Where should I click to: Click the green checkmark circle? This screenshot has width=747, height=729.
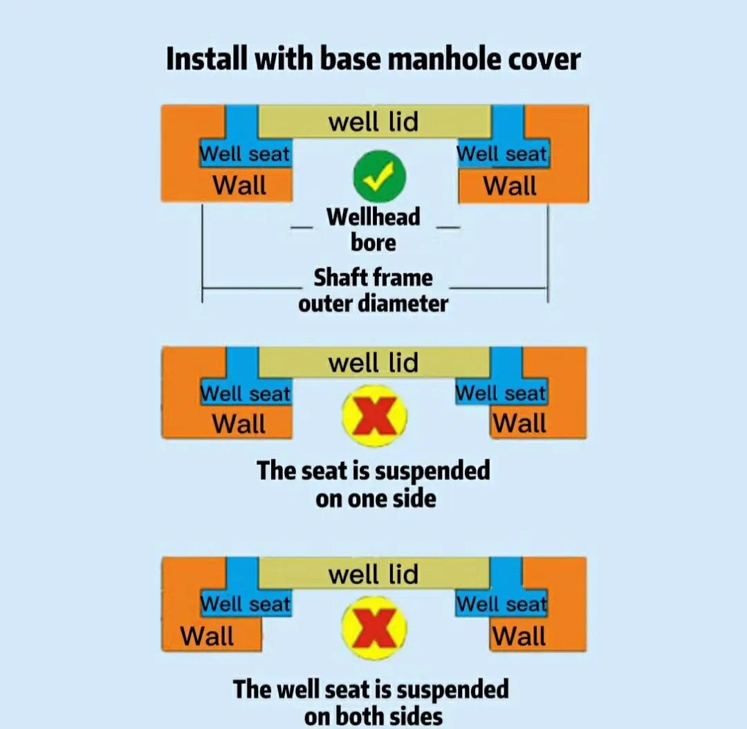378,177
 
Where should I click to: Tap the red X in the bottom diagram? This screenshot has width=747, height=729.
374,629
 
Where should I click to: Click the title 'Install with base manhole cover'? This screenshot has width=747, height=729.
373,59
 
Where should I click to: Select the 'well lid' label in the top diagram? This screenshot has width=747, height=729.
373,122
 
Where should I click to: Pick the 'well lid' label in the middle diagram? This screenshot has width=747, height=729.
373,362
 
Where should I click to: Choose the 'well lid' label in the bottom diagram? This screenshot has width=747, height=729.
373,574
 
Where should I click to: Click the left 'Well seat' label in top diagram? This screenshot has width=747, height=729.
245,154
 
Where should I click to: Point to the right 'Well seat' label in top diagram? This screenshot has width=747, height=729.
502,154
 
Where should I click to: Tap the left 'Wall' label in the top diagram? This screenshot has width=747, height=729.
239,185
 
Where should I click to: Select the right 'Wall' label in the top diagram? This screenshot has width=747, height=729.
510,185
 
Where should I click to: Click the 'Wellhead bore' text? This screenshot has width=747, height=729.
373,230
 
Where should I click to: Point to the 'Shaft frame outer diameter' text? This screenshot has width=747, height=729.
373,290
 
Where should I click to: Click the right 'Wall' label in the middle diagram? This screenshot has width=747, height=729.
519,423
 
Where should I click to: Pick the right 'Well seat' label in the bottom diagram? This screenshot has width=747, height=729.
501,604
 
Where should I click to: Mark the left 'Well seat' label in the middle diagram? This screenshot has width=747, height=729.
246,394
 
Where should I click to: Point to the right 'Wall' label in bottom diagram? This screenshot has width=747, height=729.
519,636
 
